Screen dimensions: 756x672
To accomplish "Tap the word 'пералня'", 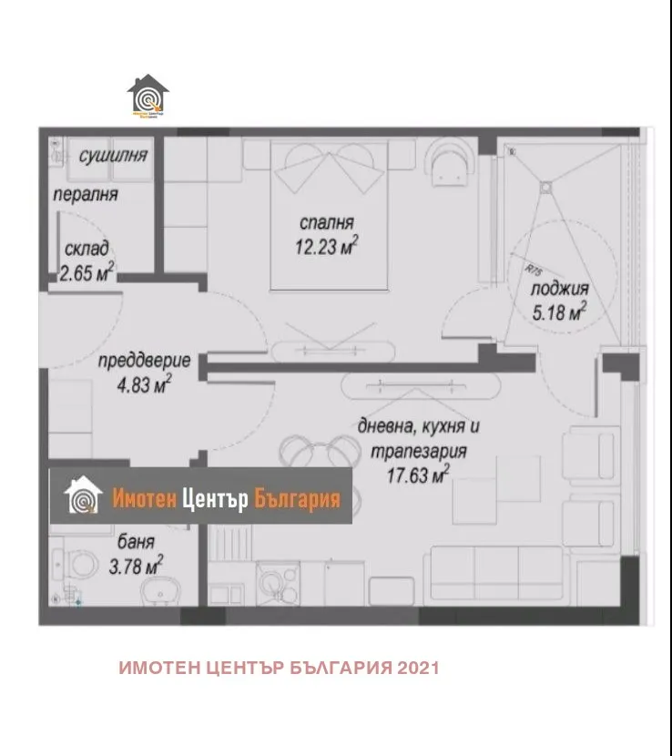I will click(x=85, y=194).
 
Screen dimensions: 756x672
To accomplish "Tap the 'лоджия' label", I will click(x=558, y=289).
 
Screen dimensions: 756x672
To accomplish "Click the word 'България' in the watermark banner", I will click(x=297, y=499).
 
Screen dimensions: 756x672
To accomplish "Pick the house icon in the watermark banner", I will click(x=83, y=496).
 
